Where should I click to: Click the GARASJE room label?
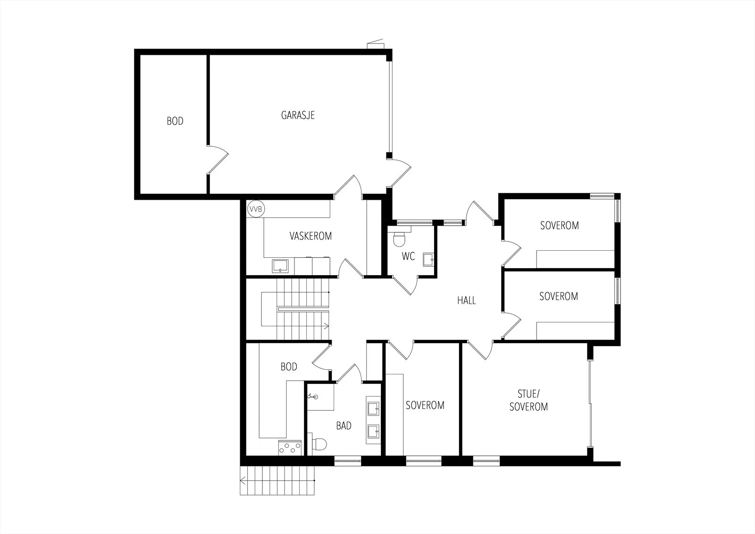(x=298, y=115)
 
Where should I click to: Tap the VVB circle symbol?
(x=255, y=209)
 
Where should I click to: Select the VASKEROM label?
(x=310, y=236)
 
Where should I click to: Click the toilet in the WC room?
(x=399, y=238)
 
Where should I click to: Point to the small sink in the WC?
(x=428, y=260)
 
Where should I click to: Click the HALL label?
(x=467, y=300)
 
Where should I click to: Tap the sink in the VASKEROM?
(x=280, y=266)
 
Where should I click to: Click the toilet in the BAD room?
(x=319, y=444)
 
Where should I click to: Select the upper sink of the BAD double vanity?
(x=373, y=409)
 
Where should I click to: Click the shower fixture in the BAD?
(x=313, y=397)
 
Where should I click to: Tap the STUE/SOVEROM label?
(x=528, y=400)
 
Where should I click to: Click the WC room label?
(x=408, y=256)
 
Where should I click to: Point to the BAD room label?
(x=344, y=426)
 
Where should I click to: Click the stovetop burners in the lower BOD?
(x=290, y=448)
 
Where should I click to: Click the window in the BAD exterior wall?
(x=347, y=461)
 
